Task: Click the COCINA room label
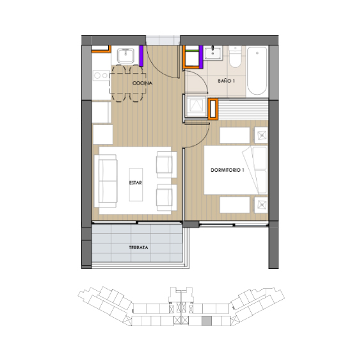pyautogui.click(x=142, y=84)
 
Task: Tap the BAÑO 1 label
pyautogui.click(x=227, y=81)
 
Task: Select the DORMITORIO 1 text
pyautogui.click(x=228, y=170)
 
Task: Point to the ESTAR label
pyautogui.click(x=135, y=183)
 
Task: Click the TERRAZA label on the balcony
pyautogui.click(x=138, y=247)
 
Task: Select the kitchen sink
pyautogui.click(x=126, y=55)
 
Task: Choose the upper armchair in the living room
pyautogui.click(x=166, y=165)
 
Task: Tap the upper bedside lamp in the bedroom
pyautogui.click(x=261, y=135)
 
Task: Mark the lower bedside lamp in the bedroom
pyautogui.click(x=261, y=204)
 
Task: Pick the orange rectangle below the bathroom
pyautogui.click(x=213, y=109)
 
